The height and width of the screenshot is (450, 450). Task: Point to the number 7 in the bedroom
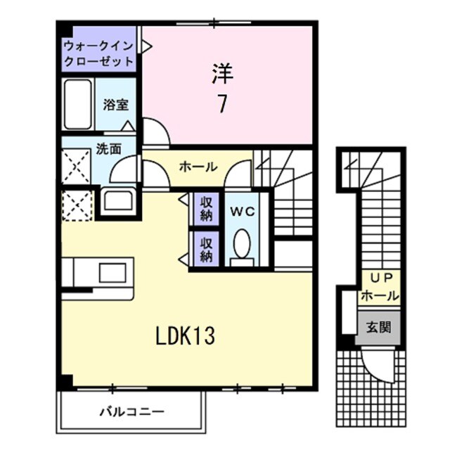coord(221,104)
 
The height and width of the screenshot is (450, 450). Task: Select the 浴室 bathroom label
coord(115,105)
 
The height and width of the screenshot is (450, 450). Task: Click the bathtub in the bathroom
coord(78,104)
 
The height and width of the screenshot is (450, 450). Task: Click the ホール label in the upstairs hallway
coord(198,167)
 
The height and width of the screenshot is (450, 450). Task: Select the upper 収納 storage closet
coord(206,207)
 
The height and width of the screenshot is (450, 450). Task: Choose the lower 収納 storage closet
coord(206,250)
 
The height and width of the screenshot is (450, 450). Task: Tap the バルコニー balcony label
coord(131,411)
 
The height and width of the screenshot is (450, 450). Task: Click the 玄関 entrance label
coord(378,327)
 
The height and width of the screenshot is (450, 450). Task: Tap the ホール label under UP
coord(380,296)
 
